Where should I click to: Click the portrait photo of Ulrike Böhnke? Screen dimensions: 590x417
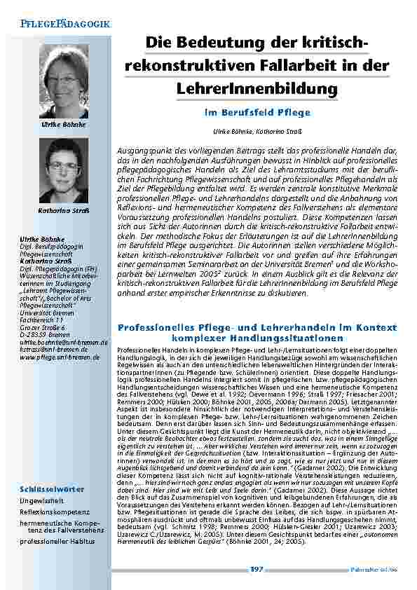pyautogui.click(x=68, y=81)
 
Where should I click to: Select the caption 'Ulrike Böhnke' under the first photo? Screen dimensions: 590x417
pyautogui.click(x=68, y=124)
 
